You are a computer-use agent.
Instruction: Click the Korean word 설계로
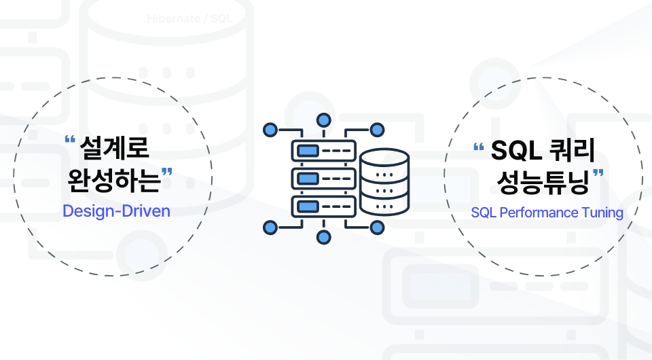[x=114, y=147]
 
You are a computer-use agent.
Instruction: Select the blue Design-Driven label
[x=116, y=211]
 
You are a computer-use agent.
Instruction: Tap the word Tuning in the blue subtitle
[x=602, y=213]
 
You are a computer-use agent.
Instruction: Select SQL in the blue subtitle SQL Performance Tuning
[x=484, y=213]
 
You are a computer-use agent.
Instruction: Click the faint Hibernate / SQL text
[x=190, y=18]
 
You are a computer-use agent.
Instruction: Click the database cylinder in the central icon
[x=384, y=182]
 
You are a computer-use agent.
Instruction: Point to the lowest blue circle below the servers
[x=324, y=237]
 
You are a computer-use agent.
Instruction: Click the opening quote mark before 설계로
[x=69, y=140]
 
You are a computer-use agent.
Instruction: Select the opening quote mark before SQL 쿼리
[x=478, y=145]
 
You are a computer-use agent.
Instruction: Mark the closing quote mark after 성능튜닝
[x=598, y=175]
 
